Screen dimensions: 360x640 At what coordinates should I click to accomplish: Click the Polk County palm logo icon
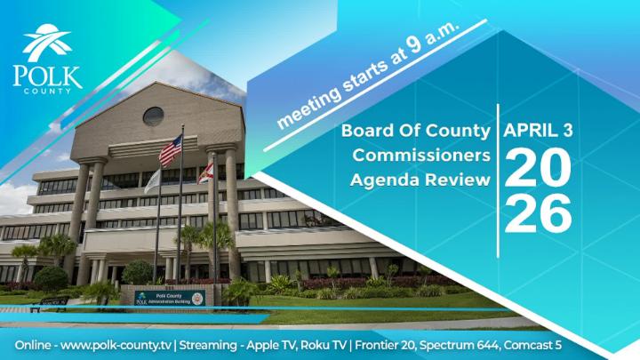click(x=46, y=43)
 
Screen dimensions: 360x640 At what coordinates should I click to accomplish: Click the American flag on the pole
click(x=170, y=151)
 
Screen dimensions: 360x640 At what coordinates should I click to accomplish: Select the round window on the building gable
click(x=153, y=116)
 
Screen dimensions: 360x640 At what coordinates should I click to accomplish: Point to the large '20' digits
click(x=538, y=168)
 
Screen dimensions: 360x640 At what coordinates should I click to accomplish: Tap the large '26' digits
click(x=538, y=212)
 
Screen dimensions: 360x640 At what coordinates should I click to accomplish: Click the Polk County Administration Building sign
click(x=169, y=298)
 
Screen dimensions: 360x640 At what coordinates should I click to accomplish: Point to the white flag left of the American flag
click(x=153, y=180)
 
